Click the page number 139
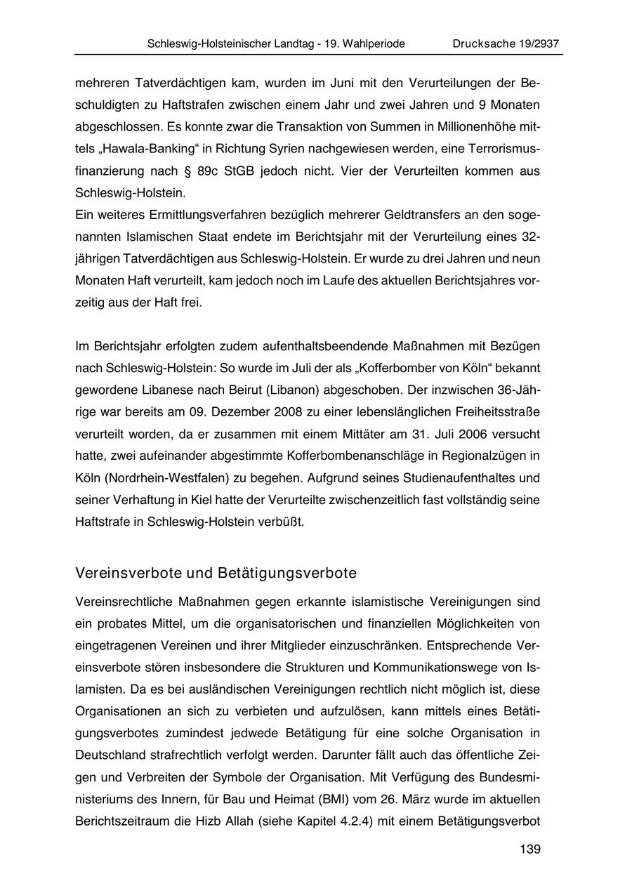(530, 849)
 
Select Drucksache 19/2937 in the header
(507, 44)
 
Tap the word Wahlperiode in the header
(370, 44)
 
